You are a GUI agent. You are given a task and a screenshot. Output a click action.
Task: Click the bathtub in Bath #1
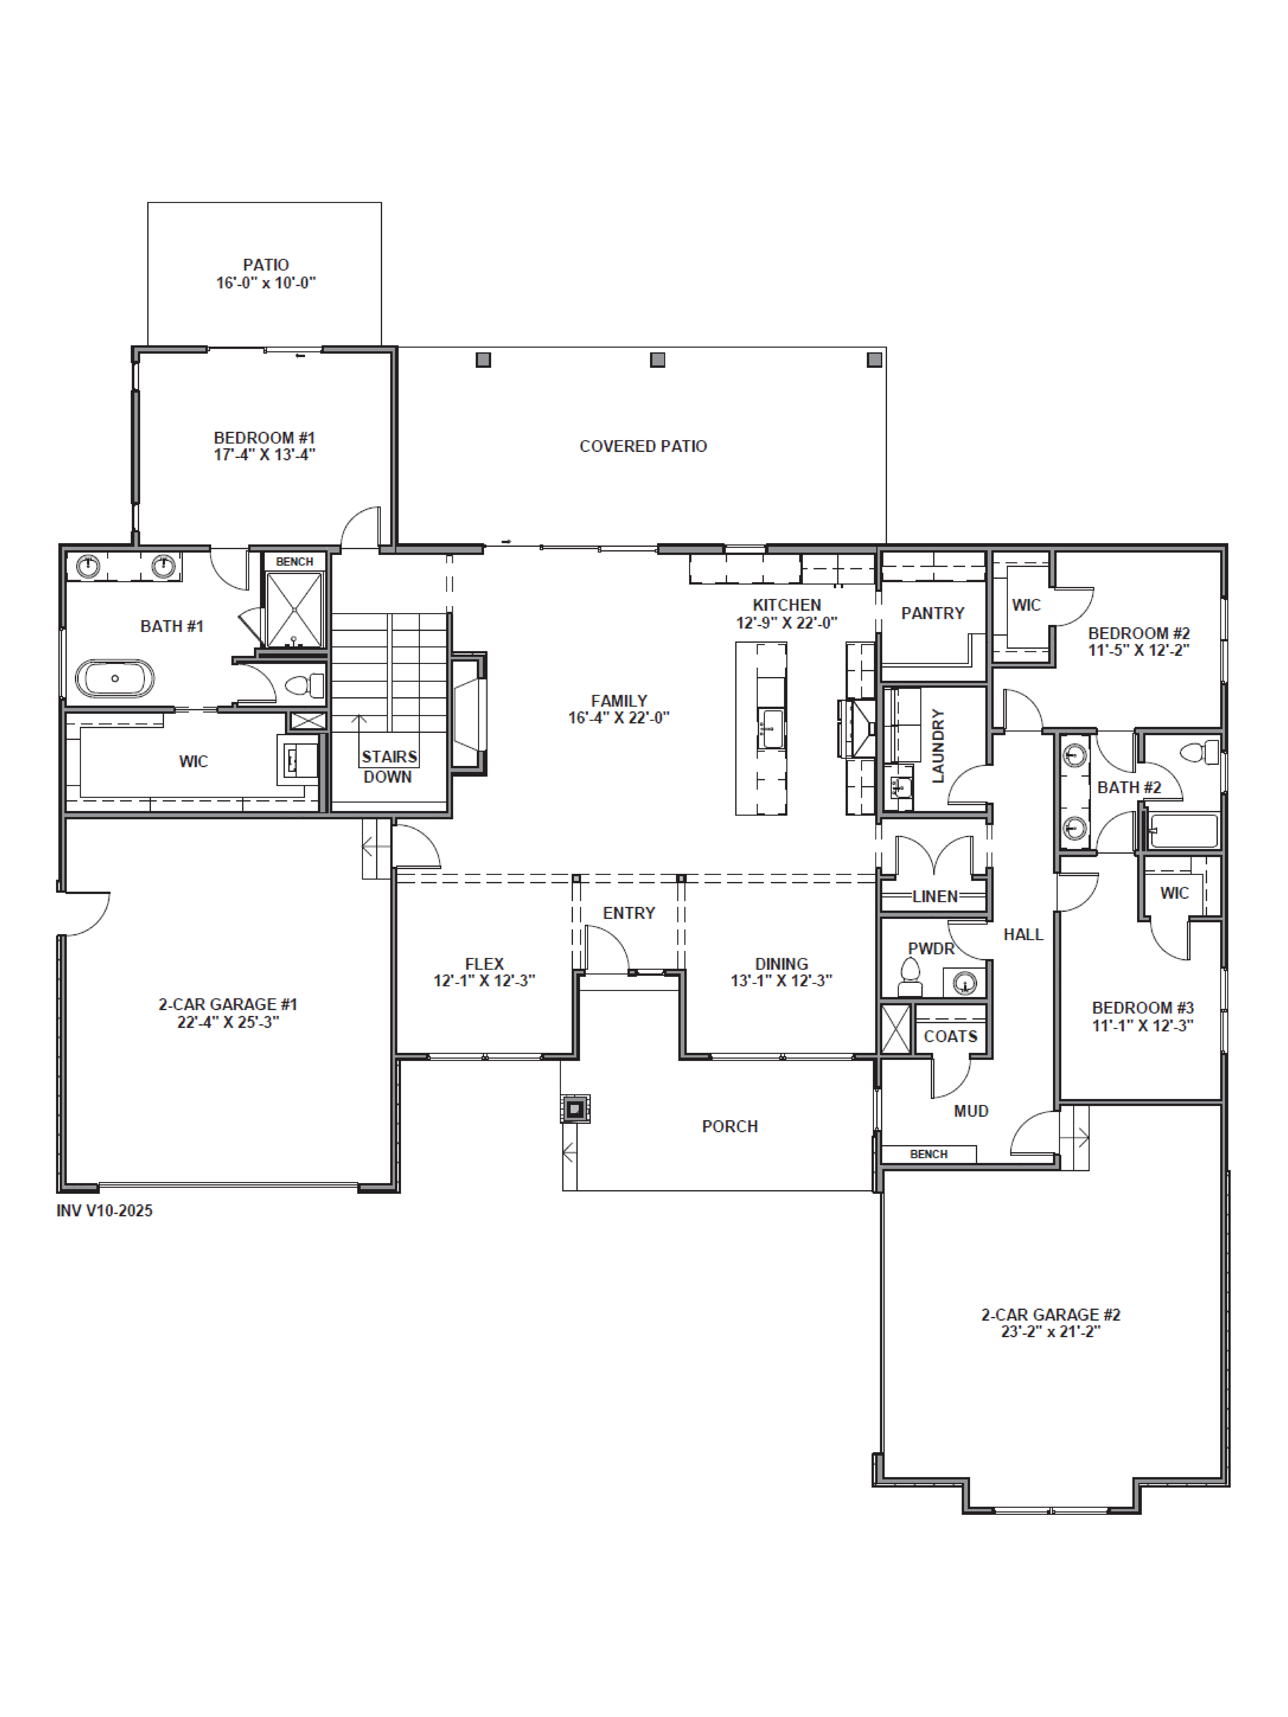point(115,678)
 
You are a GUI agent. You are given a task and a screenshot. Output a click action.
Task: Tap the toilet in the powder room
point(909,978)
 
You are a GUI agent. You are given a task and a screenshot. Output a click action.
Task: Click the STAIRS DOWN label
point(388,766)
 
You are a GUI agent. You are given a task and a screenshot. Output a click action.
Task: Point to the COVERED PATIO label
point(643,446)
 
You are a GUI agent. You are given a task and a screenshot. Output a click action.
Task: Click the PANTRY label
point(933,613)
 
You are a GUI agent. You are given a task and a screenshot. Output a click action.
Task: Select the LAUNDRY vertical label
point(938,745)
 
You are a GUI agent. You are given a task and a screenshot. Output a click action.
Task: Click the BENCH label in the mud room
point(928,1154)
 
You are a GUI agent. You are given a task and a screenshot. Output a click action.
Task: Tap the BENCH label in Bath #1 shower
point(294,561)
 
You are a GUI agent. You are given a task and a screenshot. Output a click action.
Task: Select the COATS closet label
point(950,1036)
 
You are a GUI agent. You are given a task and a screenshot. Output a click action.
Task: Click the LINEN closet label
point(935,897)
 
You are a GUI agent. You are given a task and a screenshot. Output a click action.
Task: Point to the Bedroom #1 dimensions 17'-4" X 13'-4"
point(265,455)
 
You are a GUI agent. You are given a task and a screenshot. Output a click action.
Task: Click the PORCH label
point(730,1126)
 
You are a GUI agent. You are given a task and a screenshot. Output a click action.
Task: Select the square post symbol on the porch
point(575,1108)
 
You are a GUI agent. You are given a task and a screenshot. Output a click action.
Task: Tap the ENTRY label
point(629,913)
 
